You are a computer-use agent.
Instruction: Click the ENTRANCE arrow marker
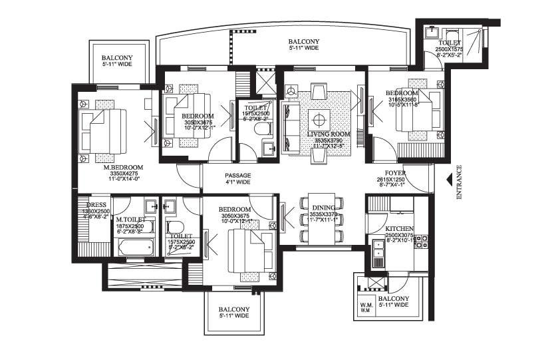(449, 178)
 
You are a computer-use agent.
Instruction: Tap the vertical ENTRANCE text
(459, 184)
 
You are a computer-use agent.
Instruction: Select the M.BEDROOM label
(123, 168)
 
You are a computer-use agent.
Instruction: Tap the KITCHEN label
(400, 228)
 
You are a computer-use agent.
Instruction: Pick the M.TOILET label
(131, 220)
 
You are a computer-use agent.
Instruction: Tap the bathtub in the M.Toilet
(136, 248)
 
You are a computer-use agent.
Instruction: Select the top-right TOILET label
(448, 43)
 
